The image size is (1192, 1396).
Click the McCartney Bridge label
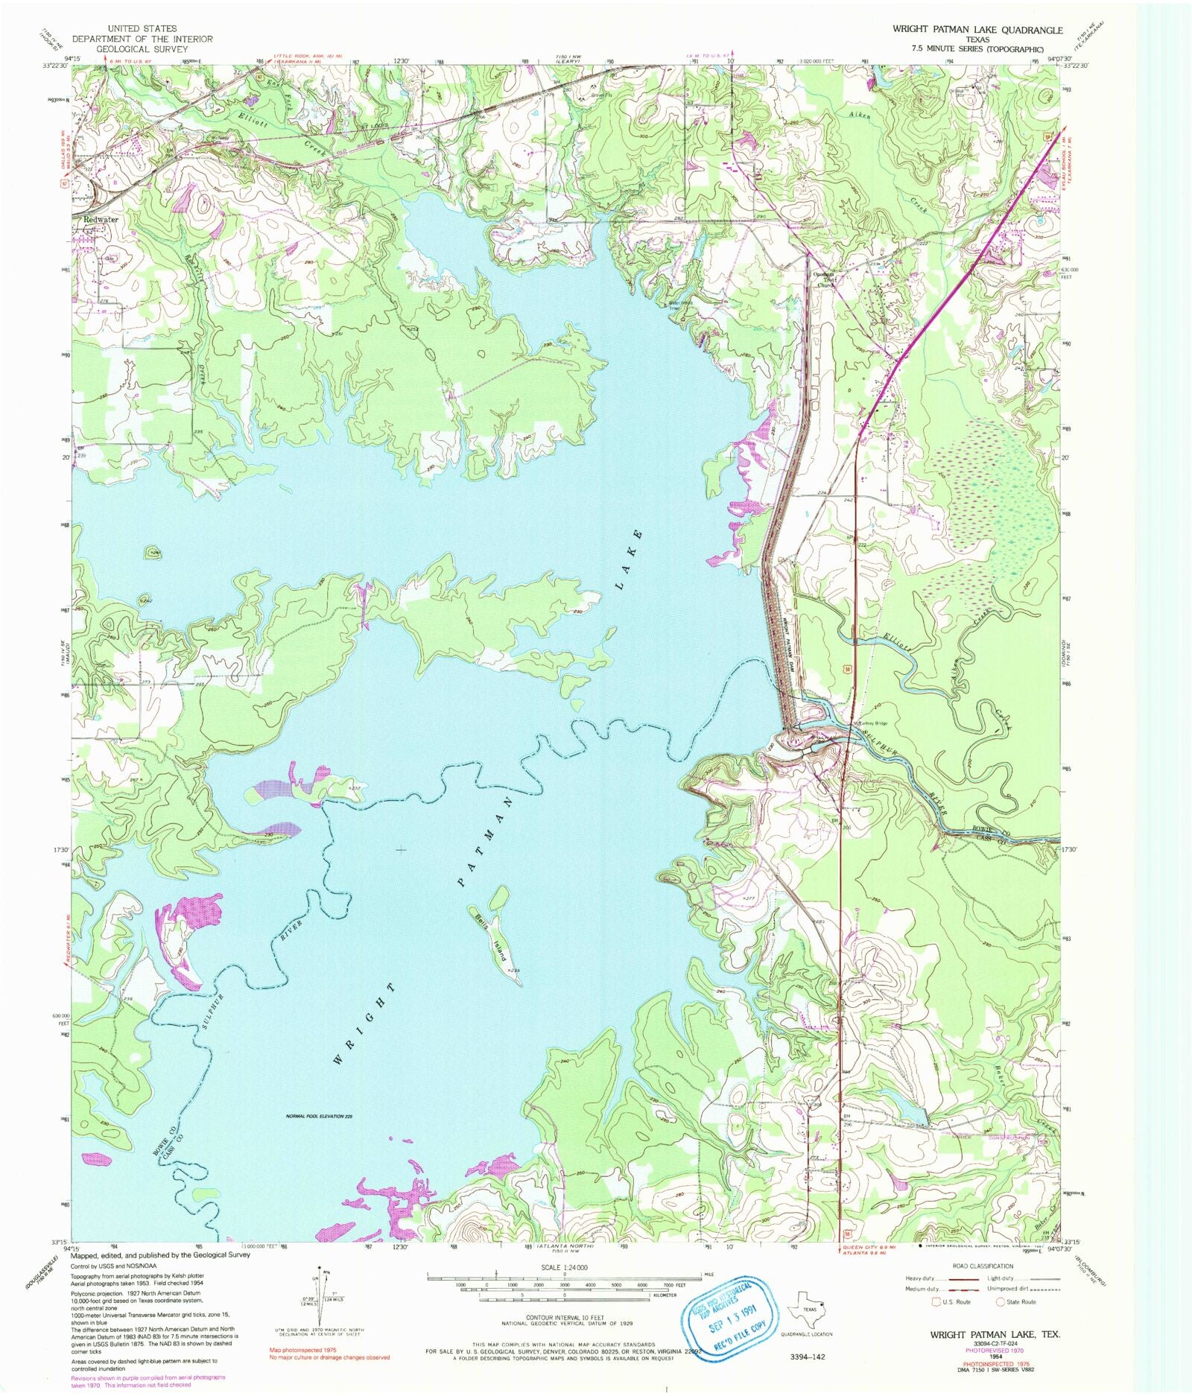coord(869,723)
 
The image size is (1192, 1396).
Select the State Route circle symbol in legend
coord(1001,1302)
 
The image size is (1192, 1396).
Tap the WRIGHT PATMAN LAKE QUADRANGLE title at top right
coord(977,30)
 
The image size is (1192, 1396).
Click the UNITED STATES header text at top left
coord(142,29)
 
